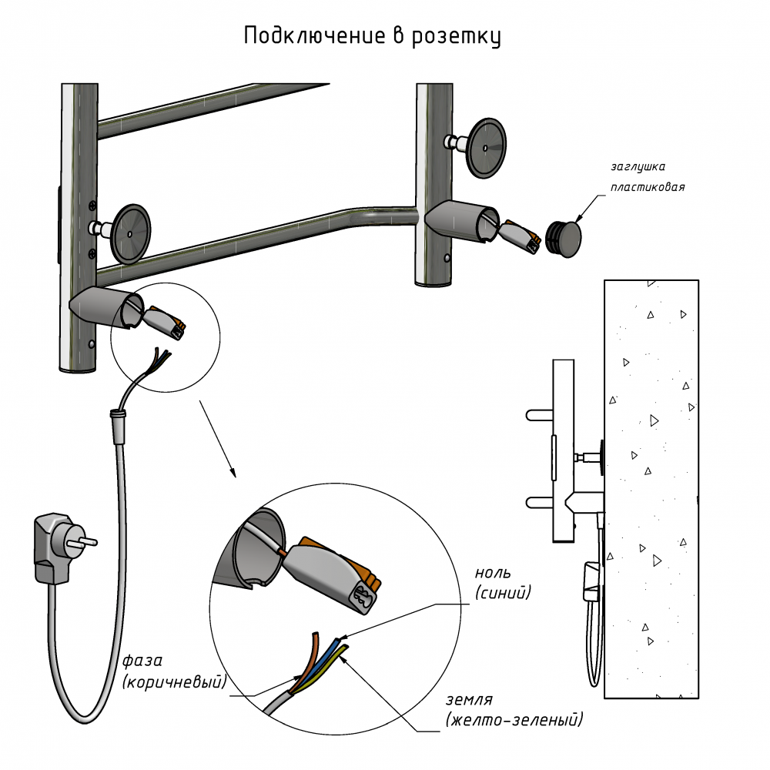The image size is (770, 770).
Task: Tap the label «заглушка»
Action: click(x=638, y=166)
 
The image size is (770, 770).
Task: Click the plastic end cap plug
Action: click(x=562, y=238)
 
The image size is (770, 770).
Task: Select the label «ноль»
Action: click(x=493, y=574)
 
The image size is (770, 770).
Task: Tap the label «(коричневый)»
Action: click(x=174, y=681)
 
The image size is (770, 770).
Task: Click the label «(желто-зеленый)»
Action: click(x=514, y=720)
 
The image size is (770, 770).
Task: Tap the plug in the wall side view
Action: click(x=591, y=581)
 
